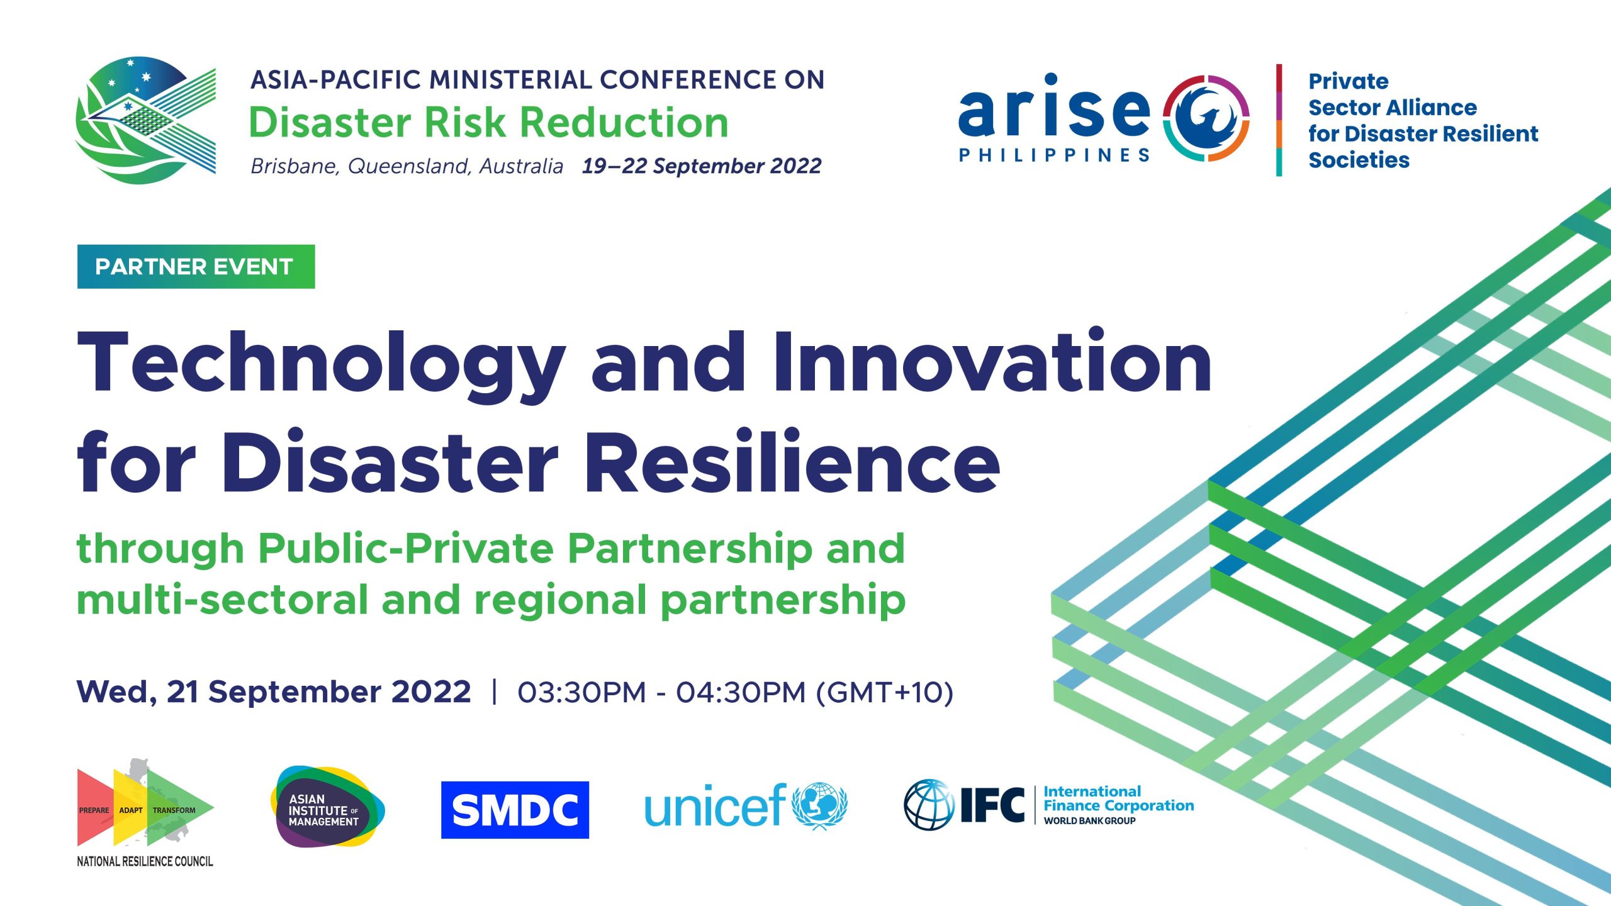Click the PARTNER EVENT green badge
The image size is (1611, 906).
point(196,267)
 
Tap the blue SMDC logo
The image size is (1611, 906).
point(515,810)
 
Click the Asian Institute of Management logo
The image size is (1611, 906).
point(327,807)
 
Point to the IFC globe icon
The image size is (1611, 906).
point(929,805)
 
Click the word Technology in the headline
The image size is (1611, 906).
point(321,365)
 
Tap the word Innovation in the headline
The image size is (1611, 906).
point(992,361)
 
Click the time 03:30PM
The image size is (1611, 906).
point(581,692)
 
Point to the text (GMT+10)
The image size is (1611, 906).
point(884,693)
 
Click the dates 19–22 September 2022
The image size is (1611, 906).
point(702,166)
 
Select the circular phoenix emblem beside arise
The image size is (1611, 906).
point(1206,118)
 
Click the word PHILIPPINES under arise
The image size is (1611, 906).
point(1054,155)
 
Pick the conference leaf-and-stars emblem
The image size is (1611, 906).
point(145,120)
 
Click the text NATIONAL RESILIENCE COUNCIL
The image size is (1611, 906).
point(145,861)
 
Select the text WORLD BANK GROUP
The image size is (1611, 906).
point(1089,820)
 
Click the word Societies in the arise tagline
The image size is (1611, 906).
point(1359,160)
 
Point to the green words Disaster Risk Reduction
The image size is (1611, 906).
point(489,122)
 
